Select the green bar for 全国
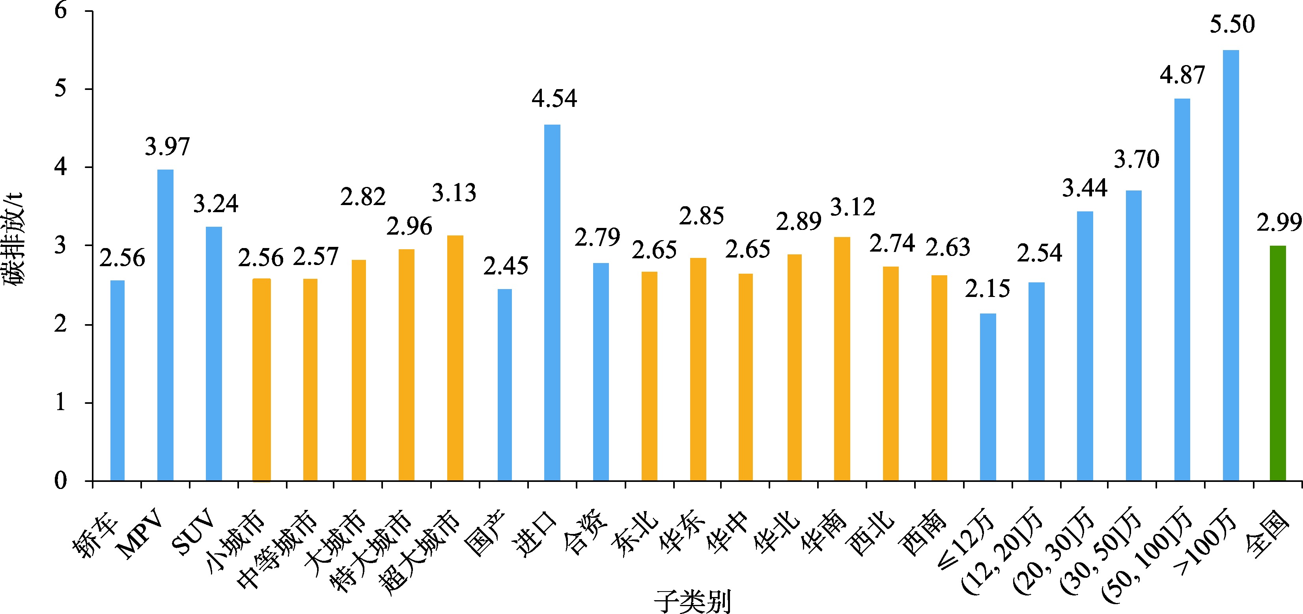(x=1278, y=363)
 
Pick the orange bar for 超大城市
(x=455, y=358)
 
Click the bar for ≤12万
(x=988, y=397)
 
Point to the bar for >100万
(x=1231, y=265)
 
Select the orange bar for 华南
(x=842, y=358)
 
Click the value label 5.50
(x=1232, y=25)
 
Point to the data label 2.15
(x=988, y=289)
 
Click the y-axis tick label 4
(x=61, y=167)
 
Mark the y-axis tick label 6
(x=61, y=10)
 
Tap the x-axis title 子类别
(x=692, y=601)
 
